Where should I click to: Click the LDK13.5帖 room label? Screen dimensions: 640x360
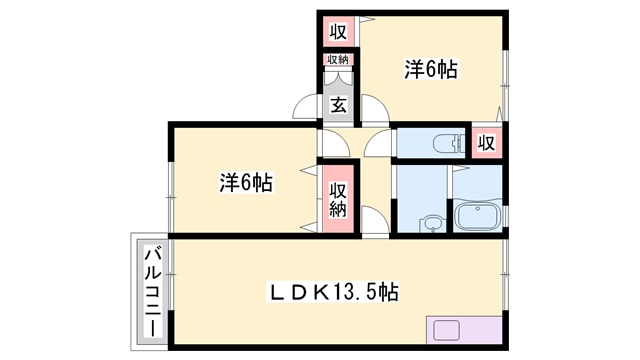[x=332, y=292]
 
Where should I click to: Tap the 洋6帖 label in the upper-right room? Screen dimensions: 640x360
[x=431, y=69]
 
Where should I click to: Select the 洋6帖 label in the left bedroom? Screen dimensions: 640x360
[x=246, y=182]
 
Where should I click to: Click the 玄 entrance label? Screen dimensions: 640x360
[x=338, y=105]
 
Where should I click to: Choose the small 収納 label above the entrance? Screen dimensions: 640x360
[x=338, y=60]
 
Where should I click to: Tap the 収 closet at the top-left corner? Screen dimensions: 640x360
[x=338, y=31]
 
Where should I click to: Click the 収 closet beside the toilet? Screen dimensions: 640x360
[x=486, y=143]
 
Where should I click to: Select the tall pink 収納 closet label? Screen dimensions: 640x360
[x=338, y=200]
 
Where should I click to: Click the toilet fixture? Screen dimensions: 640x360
[x=448, y=144]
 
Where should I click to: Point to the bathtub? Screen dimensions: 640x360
[x=478, y=215]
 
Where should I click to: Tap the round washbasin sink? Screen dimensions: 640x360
[x=431, y=223]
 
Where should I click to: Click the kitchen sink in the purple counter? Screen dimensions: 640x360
[x=446, y=331]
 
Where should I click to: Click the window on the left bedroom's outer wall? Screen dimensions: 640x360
[x=171, y=198]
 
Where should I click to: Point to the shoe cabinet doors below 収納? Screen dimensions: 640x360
[x=338, y=79]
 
